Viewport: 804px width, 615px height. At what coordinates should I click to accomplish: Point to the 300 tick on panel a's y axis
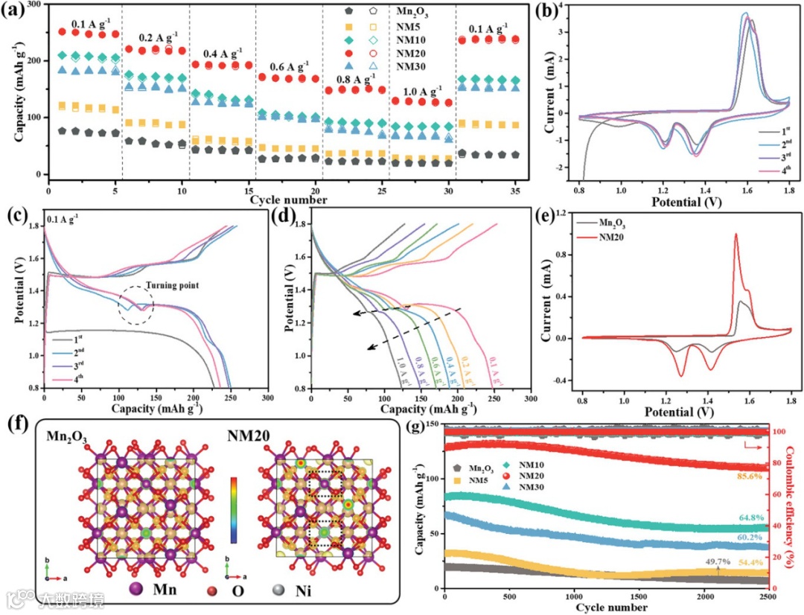pyautogui.click(x=33, y=4)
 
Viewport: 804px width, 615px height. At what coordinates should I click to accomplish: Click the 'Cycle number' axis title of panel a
pyautogui.click(x=288, y=200)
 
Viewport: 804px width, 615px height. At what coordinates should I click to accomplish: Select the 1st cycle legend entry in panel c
pyautogui.click(x=78, y=339)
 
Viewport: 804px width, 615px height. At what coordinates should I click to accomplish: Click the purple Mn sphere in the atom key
pyautogui.click(x=136, y=589)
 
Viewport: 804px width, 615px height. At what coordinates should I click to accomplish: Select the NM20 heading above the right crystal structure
pyautogui.click(x=307, y=436)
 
